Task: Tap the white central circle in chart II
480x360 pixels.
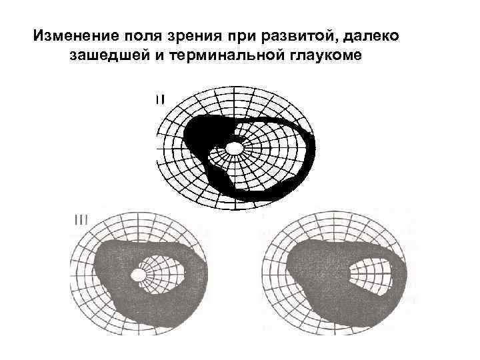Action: [235, 146]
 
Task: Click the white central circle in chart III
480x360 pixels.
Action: [139, 275]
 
